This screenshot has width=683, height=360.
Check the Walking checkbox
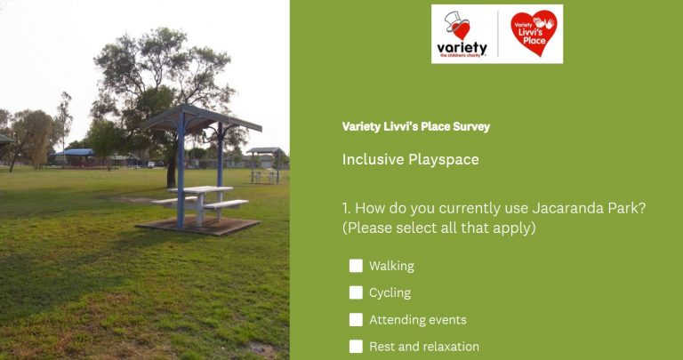pos(356,266)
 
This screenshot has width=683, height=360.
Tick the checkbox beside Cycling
pos(356,293)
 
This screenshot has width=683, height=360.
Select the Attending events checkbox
pos(356,320)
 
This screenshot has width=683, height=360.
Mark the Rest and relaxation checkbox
pos(356,347)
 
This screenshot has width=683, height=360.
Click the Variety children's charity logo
pos(462,35)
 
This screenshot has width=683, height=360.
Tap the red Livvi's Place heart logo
pos(534,33)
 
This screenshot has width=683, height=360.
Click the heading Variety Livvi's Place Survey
pos(416,127)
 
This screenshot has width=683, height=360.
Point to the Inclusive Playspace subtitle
pos(410,159)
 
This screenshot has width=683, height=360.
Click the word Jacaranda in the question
pos(562,208)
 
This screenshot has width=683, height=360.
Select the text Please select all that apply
pos(439,228)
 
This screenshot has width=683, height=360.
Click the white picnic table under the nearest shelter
pos(201,199)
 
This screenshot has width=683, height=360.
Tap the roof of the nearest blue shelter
pos(201,117)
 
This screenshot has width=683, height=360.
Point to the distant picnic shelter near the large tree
pos(265,165)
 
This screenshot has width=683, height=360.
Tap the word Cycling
pos(390,293)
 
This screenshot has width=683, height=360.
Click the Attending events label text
pos(418,320)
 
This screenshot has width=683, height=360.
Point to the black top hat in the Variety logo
pos(454,20)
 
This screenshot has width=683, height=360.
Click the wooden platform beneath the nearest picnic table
pos(198,226)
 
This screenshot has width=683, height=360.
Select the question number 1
pos(346,209)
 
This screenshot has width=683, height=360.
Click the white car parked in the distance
pos(150,164)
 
